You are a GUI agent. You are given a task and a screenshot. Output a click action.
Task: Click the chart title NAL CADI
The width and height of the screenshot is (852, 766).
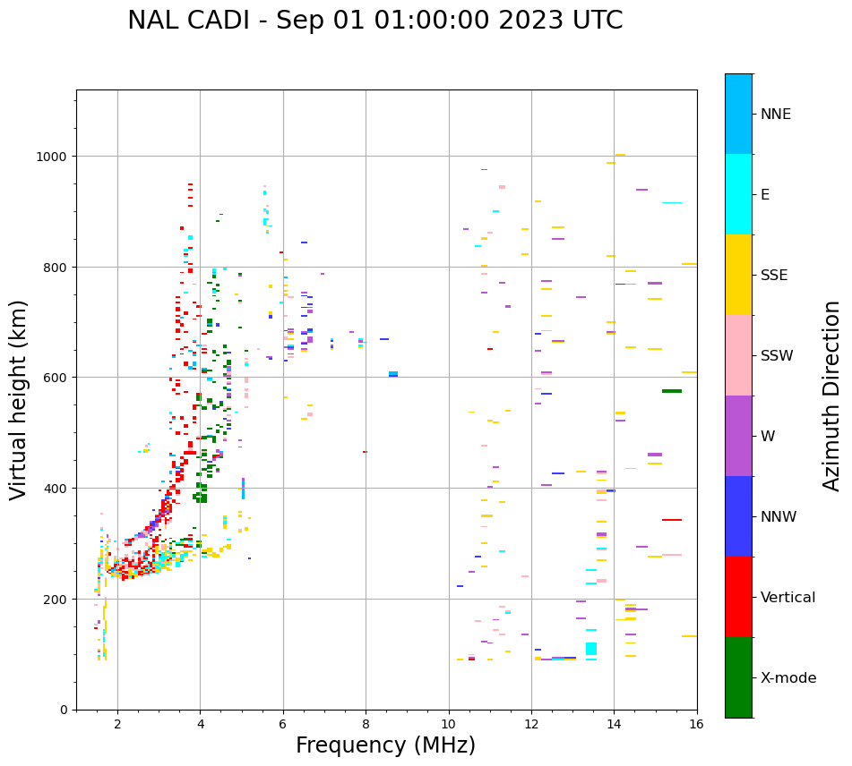pyautogui.click(x=374, y=21)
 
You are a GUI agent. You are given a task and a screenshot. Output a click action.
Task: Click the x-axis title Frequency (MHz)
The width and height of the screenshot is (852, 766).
pyautogui.click(x=385, y=745)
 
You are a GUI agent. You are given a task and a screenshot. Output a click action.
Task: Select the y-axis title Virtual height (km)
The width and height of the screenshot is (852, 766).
pyautogui.click(x=19, y=399)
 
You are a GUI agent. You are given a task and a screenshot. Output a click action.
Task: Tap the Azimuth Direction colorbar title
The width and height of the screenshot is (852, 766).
pyautogui.click(x=832, y=396)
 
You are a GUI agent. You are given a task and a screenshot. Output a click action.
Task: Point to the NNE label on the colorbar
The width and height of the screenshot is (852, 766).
pyautogui.click(x=776, y=114)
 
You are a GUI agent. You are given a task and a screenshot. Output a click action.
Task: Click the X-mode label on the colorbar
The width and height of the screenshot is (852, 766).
pyautogui.click(x=788, y=677)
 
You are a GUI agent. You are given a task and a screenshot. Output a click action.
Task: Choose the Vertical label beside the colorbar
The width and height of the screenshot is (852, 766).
pyautogui.click(x=788, y=597)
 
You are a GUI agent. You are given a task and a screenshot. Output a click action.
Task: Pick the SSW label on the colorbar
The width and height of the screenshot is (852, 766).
pyautogui.click(x=777, y=355)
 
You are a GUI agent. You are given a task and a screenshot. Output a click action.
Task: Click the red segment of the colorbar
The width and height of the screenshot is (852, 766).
pyautogui.click(x=738, y=597)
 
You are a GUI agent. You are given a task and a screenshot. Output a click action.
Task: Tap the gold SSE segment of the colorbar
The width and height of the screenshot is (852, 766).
pyautogui.click(x=738, y=275)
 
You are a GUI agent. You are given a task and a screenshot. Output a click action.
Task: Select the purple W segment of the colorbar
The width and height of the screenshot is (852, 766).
pyautogui.click(x=738, y=436)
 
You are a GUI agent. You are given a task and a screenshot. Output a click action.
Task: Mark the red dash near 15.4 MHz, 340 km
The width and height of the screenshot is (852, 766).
pyautogui.click(x=672, y=520)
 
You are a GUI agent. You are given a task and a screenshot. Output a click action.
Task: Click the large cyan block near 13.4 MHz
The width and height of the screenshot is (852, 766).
pyautogui.click(x=591, y=649)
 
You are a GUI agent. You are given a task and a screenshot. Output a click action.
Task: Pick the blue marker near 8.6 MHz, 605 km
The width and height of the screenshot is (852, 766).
pyautogui.click(x=393, y=374)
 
